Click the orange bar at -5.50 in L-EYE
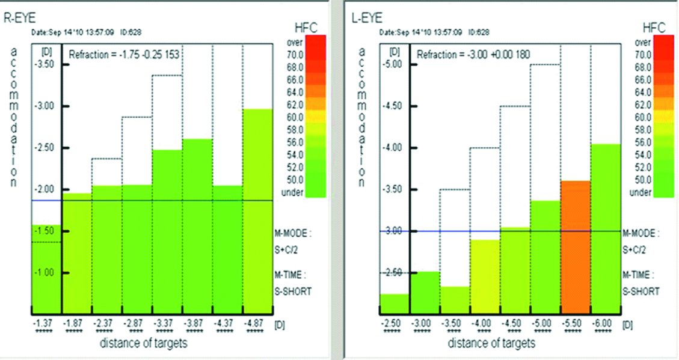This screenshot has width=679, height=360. pyautogui.click(x=576, y=246)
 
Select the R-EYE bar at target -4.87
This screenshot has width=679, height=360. pyautogui.click(x=257, y=210)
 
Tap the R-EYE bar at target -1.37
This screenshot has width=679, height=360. pyautogui.click(x=46, y=267)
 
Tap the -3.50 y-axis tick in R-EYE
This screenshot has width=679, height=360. pyautogui.click(x=46, y=64)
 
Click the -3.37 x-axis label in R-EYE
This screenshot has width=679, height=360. pyautogui.click(x=167, y=325)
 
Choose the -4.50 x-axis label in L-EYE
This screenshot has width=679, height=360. pyautogui.click(x=515, y=325)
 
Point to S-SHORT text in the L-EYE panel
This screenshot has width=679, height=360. pyautogui.click(x=640, y=291)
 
